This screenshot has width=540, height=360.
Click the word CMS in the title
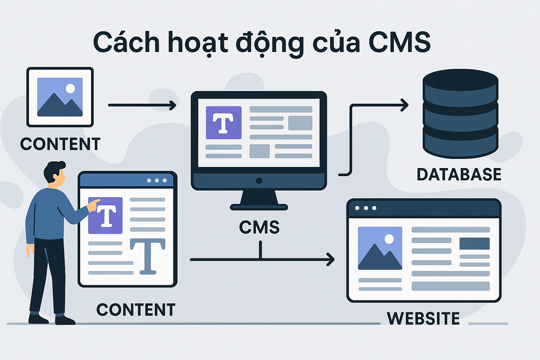(x=399, y=42)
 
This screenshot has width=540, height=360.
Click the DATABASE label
(x=459, y=174)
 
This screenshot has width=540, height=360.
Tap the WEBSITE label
(x=423, y=319)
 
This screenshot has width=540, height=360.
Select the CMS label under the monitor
(x=259, y=227)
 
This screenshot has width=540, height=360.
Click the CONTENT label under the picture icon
(x=60, y=144)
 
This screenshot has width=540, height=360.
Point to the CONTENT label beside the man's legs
(x=136, y=310)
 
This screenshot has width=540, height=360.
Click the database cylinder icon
(x=460, y=113)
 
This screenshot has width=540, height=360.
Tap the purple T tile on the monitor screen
(x=224, y=123)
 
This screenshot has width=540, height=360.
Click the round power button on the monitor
(x=259, y=181)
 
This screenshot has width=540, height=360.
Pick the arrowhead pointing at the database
(x=405, y=105)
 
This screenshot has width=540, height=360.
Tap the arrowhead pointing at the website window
(x=330, y=259)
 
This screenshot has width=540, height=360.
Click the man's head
(x=56, y=172)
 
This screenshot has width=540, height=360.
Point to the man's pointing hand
(x=94, y=205)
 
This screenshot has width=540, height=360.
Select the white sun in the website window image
(x=389, y=239)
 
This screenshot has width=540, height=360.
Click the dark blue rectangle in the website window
(x=474, y=243)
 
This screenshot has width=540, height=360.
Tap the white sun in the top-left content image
(x=70, y=88)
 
